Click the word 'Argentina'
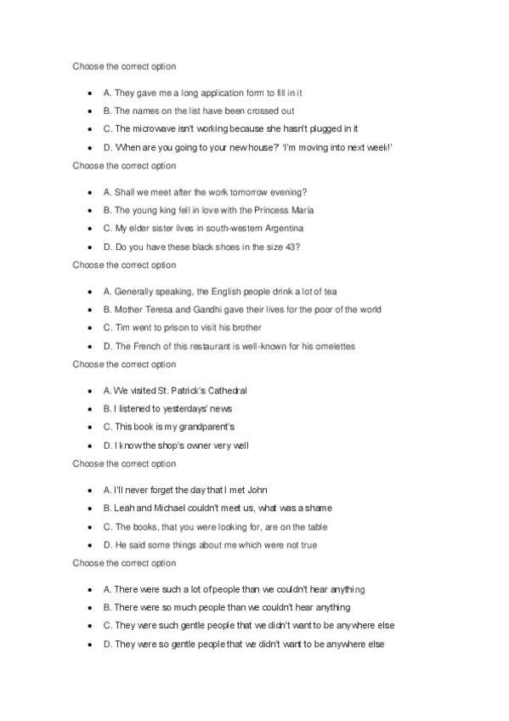click(x=279, y=229)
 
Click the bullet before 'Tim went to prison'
click(x=90, y=328)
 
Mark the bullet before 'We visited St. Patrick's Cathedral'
click(x=90, y=391)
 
